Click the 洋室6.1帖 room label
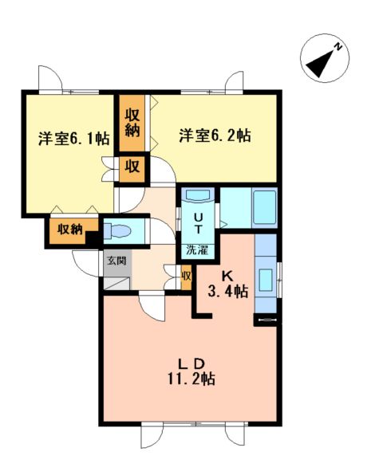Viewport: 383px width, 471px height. click(73, 139)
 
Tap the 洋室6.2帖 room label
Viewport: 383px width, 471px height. click(215, 135)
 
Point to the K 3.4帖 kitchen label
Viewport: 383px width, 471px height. click(228, 284)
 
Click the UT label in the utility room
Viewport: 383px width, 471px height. click(198, 223)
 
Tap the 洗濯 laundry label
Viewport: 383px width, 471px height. click(197, 250)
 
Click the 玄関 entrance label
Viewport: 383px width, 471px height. click(116, 261)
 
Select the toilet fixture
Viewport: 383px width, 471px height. click(117, 231)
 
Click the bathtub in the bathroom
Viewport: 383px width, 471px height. click(265, 207)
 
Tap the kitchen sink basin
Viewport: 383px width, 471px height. click(266, 280)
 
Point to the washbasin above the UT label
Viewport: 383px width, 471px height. click(199, 195)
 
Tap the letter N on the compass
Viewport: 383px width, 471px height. click(338, 47)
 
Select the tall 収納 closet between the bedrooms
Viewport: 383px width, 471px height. click(132, 124)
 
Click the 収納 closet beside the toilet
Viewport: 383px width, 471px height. click(71, 230)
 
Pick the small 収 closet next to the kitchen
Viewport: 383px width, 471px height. click(187, 277)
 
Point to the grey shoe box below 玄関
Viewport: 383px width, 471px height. click(117, 284)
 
